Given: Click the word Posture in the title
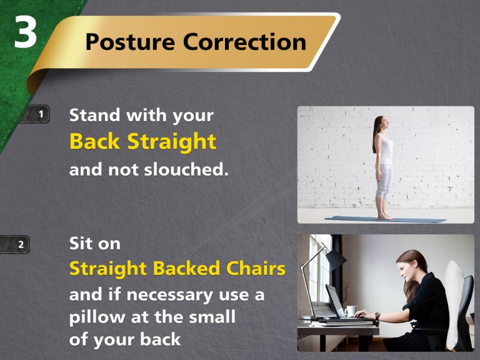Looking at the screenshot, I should click(129, 42).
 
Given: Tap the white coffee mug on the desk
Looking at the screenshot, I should click(351, 311).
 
